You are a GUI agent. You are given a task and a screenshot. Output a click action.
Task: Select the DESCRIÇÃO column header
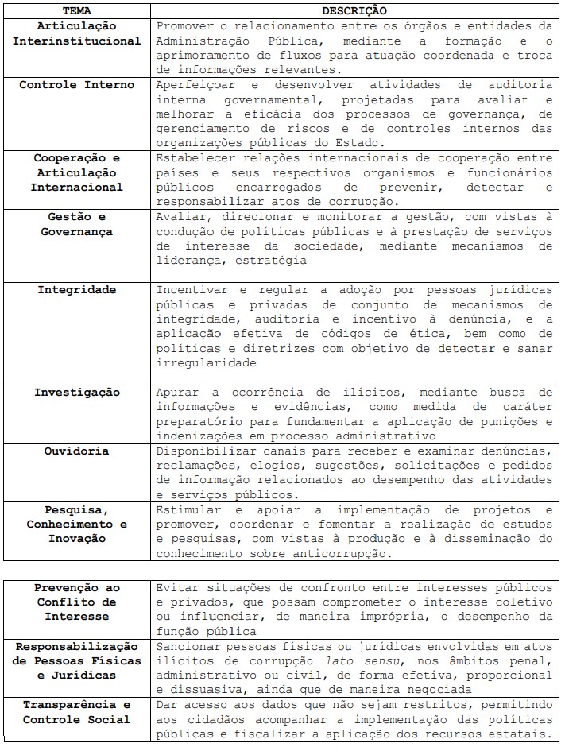click(354, 11)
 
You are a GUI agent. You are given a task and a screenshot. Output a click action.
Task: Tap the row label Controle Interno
click(77, 85)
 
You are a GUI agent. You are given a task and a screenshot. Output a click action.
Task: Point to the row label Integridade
click(77, 289)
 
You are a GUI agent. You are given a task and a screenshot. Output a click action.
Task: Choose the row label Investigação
click(77, 393)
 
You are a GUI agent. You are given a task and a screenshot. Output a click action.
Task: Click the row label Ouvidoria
click(77, 451)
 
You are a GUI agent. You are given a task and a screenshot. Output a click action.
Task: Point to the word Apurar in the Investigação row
click(176, 393)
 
